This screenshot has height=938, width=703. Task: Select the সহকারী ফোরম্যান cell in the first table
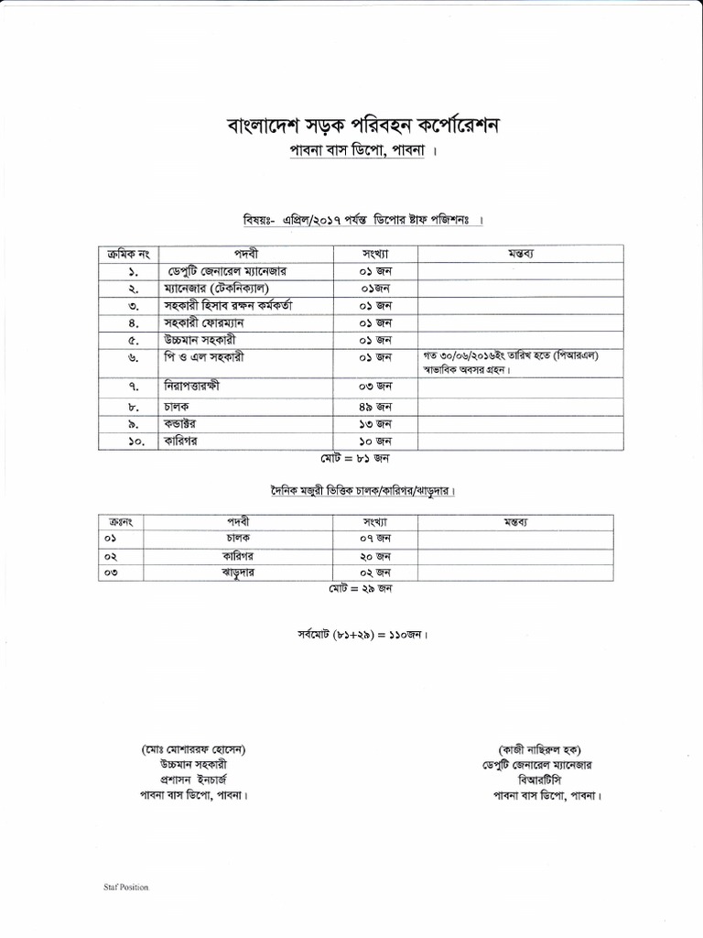(x=205, y=322)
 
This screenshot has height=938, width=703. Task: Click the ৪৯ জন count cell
(x=374, y=406)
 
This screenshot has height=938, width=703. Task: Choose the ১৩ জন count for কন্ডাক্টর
(x=374, y=423)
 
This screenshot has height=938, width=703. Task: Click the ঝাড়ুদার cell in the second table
(x=237, y=573)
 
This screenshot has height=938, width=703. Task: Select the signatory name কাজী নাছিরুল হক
(x=538, y=748)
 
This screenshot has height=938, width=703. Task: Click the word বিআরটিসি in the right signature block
(x=538, y=780)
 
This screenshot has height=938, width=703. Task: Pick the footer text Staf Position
(x=124, y=887)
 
